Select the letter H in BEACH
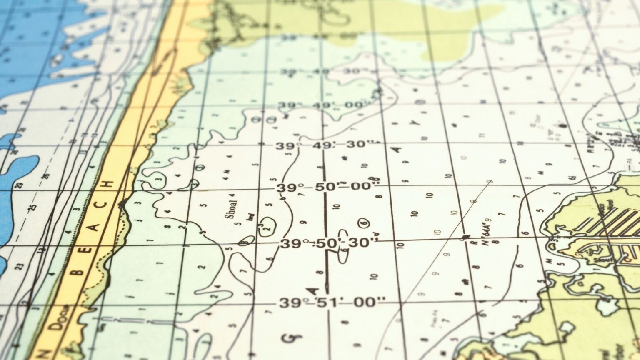coord(110,184)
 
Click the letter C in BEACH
coord(103,205)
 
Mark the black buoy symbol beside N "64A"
coord(466,237)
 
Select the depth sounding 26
coord(46,175)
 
